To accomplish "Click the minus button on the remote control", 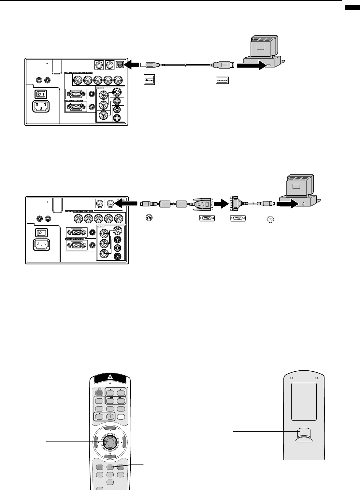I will [x=99, y=417].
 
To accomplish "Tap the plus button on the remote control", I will [x=110, y=417].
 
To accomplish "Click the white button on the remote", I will [x=121, y=416].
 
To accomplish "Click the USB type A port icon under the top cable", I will [x=222, y=80].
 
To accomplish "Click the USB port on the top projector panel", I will [x=120, y=65].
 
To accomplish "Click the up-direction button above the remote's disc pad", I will [x=110, y=428].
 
